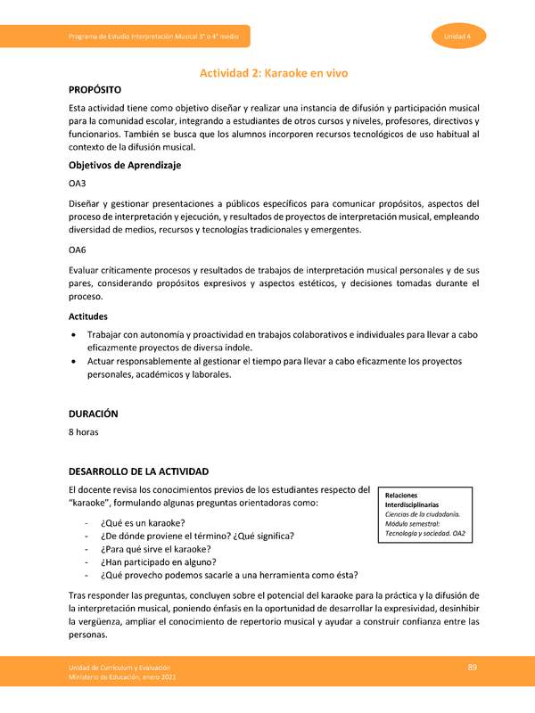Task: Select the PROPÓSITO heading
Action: (101, 90)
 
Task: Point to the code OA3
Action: (78, 184)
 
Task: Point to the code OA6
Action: (78, 250)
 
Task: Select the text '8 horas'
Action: (85, 432)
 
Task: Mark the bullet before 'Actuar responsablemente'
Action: (73, 361)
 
